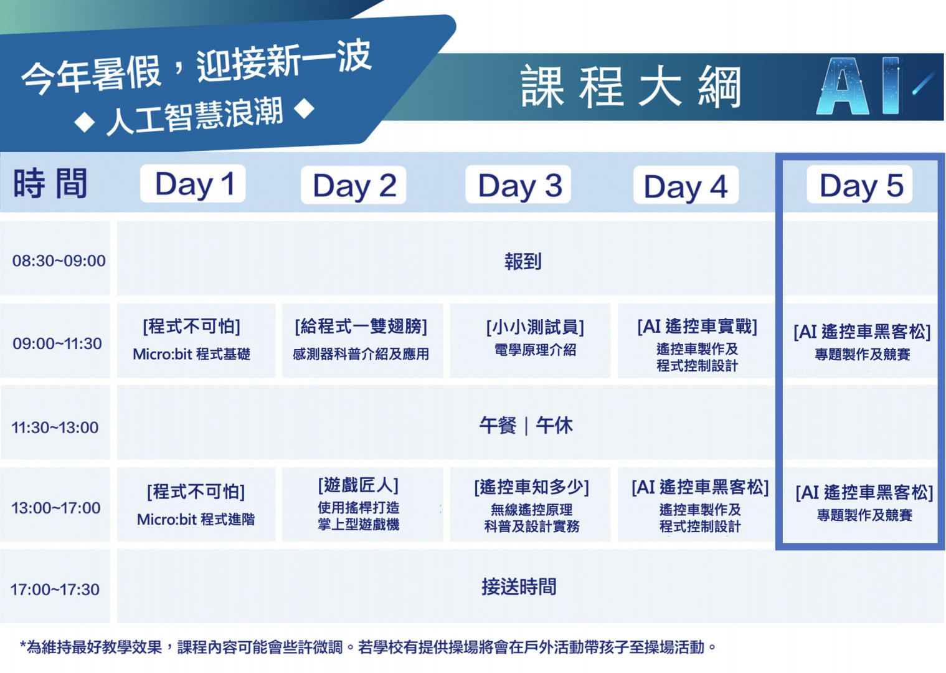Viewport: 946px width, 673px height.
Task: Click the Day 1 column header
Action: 192,184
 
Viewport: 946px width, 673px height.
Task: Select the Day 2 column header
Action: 354,185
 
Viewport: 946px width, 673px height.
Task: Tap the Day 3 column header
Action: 518,184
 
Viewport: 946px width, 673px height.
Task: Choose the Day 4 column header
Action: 686,185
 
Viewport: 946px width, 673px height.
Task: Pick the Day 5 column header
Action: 859,184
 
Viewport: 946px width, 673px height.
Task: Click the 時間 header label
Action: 50,183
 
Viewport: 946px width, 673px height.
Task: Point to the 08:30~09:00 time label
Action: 59,260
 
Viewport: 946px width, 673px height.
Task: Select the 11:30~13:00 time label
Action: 55,427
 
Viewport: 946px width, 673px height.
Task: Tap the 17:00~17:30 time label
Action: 55,589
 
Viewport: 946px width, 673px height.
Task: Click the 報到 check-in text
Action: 523,261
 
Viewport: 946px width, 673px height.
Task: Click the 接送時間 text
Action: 519,586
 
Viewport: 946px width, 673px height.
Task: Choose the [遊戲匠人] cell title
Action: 358,485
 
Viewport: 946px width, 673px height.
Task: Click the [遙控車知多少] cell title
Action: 531,487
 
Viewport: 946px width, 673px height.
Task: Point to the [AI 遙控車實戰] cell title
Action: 698,327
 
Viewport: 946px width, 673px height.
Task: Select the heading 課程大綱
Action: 631,87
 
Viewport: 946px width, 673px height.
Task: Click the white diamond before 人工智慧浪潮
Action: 85,123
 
